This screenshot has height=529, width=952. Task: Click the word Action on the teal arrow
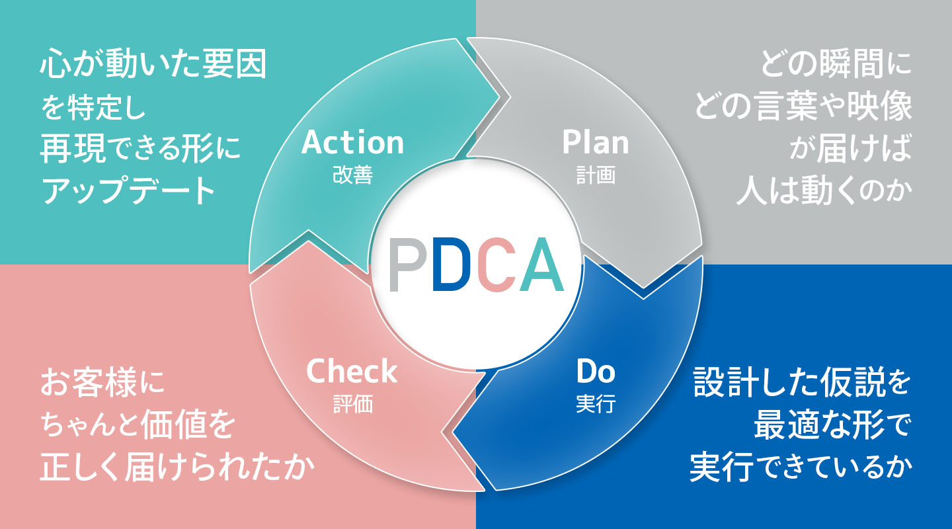tap(352, 142)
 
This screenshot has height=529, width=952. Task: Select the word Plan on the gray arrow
tap(596, 142)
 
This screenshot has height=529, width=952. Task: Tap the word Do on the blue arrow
tap(596, 371)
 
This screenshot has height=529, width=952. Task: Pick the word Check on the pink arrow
tap(352, 371)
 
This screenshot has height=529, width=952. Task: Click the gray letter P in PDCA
tap(408, 264)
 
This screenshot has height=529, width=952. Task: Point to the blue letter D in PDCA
tap(452, 264)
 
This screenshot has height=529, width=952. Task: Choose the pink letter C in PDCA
tap(496, 264)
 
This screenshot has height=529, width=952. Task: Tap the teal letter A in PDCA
tap(541, 264)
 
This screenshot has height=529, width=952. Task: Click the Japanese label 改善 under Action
tap(353, 175)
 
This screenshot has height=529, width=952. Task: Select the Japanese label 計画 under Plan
tap(596, 175)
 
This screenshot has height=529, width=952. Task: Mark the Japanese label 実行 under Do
tap(596, 403)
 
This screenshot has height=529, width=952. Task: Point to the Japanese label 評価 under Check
tap(353, 403)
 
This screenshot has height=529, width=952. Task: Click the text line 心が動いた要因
tap(153, 63)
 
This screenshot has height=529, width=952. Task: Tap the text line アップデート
tap(128, 190)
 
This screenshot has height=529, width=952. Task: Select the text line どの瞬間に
tap(836, 63)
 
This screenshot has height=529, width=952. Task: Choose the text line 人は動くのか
tap(824, 190)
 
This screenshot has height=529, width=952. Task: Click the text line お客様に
tap(102, 382)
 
